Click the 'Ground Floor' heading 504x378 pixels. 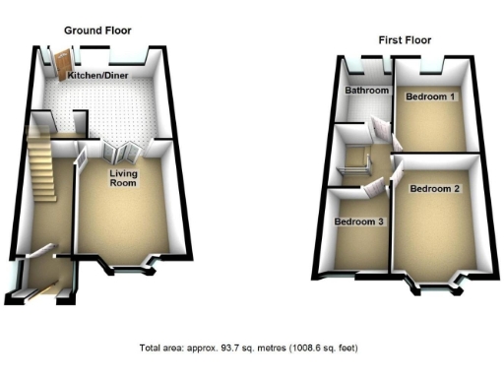tap(97, 31)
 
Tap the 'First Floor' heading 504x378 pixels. tap(405, 40)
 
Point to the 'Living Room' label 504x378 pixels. tap(122, 178)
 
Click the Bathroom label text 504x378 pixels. tap(363, 92)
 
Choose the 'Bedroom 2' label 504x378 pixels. tap(434, 188)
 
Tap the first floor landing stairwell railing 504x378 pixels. tap(353, 165)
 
